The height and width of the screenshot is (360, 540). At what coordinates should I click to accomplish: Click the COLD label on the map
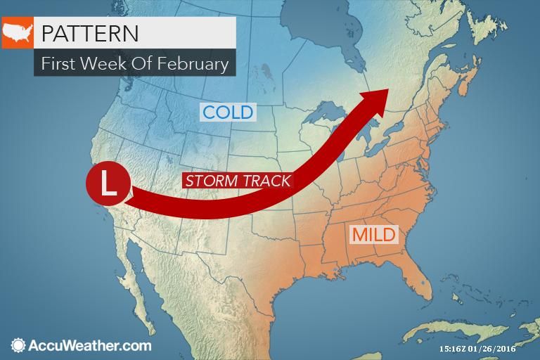[227, 112]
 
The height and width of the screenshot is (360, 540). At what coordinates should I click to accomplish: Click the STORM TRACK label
[238, 180]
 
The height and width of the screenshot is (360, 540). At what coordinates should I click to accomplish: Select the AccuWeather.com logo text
[89, 345]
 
